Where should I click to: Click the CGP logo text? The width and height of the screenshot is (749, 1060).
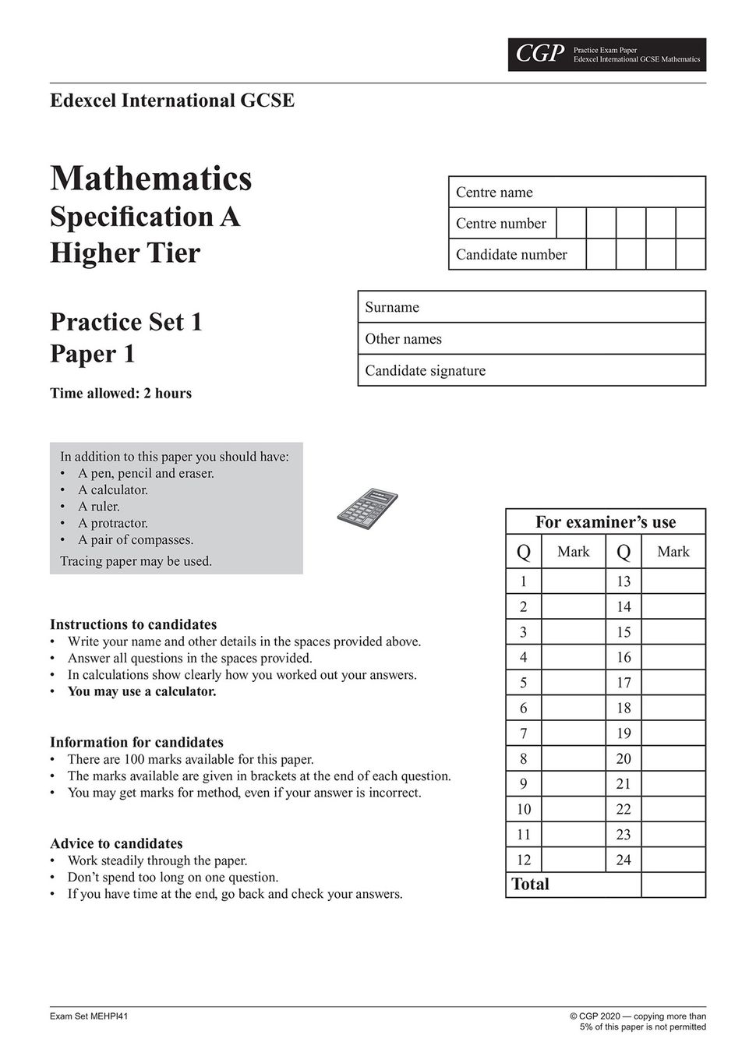pyautogui.click(x=540, y=54)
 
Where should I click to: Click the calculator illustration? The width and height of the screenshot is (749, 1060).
pyautogui.click(x=367, y=506)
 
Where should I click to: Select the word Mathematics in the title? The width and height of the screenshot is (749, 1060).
pyautogui.click(x=151, y=178)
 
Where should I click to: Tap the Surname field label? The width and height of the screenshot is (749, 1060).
pyautogui.click(x=392, y=307)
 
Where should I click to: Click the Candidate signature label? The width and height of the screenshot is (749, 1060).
pyautogui.click(x=425, y=371)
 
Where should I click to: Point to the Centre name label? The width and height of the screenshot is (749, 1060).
pyautogui.click(x=494, y=193)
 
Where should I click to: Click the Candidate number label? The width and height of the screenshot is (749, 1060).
pyautogui.click(x=511, y=255)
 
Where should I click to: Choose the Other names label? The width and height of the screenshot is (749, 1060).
pyautogui.click(x=403, y=339)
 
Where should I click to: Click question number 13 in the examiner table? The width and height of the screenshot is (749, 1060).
pyautogui.click(x=624, y=581)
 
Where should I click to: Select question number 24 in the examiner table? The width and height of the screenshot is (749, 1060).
pyautogui.click(x=624, y=860)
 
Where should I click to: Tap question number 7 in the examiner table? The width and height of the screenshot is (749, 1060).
pyautogui.click(x=524, y=733)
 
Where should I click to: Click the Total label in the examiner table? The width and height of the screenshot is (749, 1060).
pyautogui.click(x=530, y=885)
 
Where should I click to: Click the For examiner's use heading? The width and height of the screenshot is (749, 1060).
pyautogui.click(x=606, y=522)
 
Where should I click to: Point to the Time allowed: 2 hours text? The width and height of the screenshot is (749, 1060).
pyautogui.click(x=121, y=394)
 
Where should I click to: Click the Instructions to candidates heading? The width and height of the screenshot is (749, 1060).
pyautogui.click(x=133, y=624)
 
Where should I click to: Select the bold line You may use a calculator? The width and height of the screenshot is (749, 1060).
pyautogui.click(x=142, y=691)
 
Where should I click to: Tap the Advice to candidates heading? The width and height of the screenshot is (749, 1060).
pyautogui.click(x=116, y=843)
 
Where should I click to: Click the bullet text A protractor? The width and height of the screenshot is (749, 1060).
pyautogui.click(x=113, y=523)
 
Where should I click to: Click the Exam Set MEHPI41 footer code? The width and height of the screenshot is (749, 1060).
pyautogui.click(x=89, y=1016)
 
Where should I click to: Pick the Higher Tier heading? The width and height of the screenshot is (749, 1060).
pyautogui.click(x=125, y=253)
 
